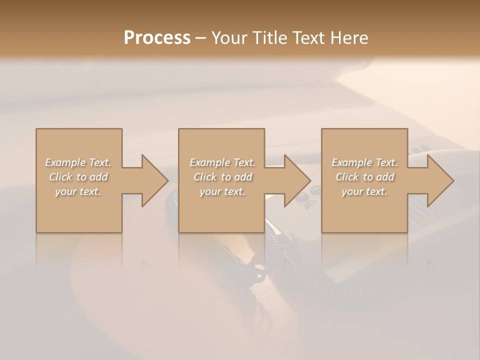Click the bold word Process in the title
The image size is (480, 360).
pos(157,38)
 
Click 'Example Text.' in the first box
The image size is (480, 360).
pos(78,162)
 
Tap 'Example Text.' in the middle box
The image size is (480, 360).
pos(222,162)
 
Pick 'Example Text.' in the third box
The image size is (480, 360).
pos(364,162)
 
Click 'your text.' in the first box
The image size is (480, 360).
pos(78,191)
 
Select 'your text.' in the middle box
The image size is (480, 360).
pos(222,191)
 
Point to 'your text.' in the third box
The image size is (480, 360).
pos(364,191)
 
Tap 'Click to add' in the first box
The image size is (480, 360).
pos(78,177)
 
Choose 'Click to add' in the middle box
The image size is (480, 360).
pos(222,177)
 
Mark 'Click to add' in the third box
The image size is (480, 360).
pos(364,177)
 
